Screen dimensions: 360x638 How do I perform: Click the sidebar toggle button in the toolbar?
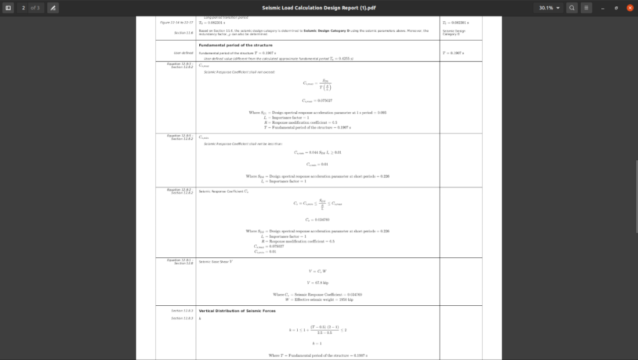point(9,7)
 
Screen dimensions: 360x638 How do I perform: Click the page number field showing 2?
point(23,7)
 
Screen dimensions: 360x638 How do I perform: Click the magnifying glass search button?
point(571,7)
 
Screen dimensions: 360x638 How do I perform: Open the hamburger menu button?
point(586,7)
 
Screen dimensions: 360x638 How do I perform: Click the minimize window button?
point(601,7)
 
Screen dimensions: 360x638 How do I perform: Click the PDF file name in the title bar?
point(318,7)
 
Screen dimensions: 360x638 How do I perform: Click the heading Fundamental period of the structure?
point(235,45)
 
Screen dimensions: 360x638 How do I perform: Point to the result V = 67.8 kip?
point(318,282)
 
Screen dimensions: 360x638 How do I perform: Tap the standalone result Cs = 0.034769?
point(318,219)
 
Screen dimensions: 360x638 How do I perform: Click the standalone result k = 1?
point(318,343)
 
